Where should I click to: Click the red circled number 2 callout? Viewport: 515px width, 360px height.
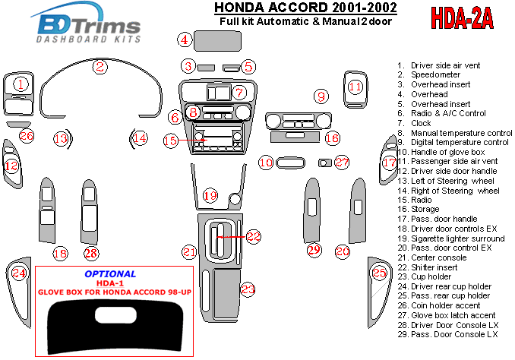point(100,66)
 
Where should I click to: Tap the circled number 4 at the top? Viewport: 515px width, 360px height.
point(184,39)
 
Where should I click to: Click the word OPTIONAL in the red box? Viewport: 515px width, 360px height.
point(111,273)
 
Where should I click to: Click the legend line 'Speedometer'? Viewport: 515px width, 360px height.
point(436,75)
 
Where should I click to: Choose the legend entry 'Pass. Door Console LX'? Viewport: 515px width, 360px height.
point(454,334)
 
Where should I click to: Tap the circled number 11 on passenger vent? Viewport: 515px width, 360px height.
point(355,87)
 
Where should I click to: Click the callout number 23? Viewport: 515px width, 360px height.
point(248,289)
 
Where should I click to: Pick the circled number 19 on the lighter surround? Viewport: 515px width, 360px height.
point(210,196)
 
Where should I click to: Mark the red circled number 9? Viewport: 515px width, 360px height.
point(322,96)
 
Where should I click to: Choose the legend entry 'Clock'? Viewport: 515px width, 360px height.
point(422,123)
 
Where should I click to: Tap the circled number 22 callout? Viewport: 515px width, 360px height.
point(253,237)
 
